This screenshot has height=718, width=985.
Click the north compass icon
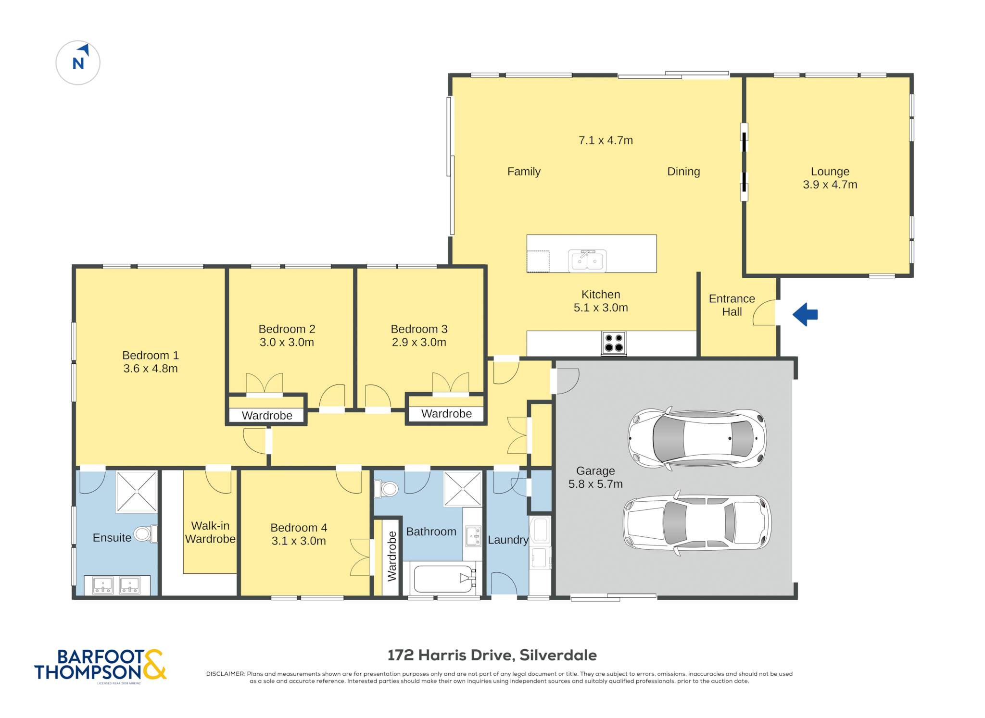(x=78, y=62)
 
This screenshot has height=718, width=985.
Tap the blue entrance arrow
(x=805, y=315)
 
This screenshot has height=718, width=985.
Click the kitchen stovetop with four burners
(x=614, y=343)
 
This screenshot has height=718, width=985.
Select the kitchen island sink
(x=587, y=261)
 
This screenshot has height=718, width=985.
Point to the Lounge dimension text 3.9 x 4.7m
(x=830, y=185)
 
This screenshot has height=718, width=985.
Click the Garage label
(x=595, y=471)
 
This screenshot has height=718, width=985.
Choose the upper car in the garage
(x=697, y=438)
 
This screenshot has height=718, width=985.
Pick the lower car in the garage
(x=697, y=523)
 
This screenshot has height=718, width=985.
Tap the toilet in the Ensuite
(x=145, y=533)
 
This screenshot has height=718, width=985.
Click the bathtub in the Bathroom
(x=444, y=578)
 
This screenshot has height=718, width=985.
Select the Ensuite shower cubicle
(x=137, y=491)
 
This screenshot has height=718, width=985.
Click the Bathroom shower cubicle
(x=462, y=488)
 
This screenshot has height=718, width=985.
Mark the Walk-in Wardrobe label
(x=210, y=532)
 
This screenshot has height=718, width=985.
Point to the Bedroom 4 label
(x=299, y=528)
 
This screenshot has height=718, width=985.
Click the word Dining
(x=683, y=172)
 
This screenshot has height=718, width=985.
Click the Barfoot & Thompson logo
(x=100, y=665)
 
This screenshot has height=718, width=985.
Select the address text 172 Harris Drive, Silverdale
(x=492, y=655)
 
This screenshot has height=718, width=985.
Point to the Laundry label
(x=508, y=540)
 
